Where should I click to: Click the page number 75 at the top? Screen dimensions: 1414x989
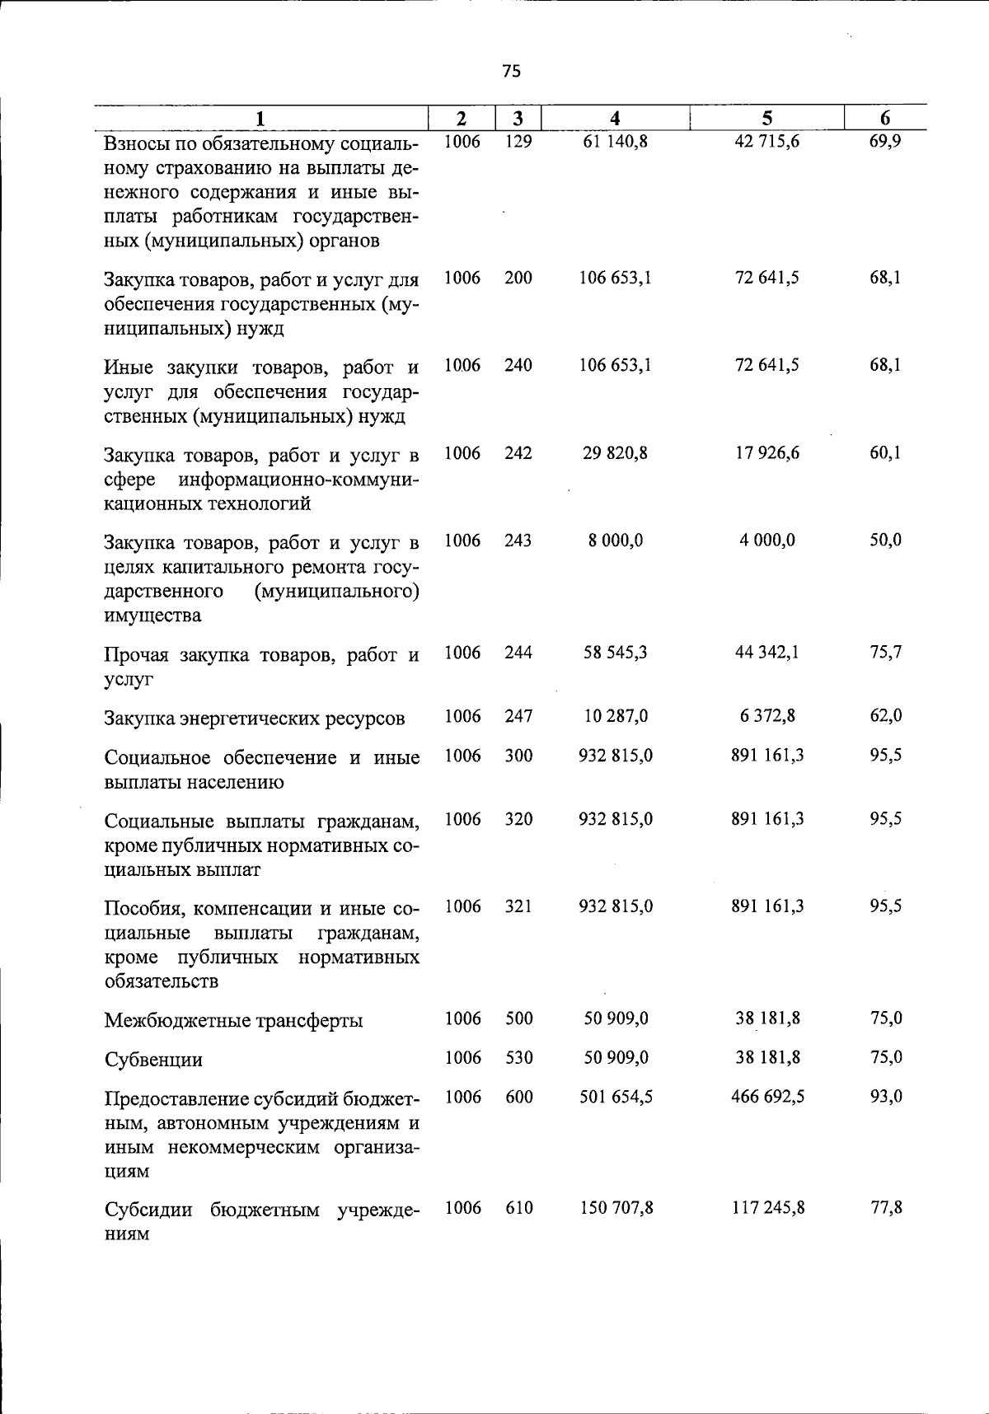(511, 72)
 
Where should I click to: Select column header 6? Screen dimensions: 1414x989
(885, 118)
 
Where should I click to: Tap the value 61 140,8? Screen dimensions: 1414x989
(615, 142)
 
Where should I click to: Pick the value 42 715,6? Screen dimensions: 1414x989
(766, 142)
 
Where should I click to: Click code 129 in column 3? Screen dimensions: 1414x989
(518, 142)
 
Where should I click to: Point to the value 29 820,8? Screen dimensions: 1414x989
(615, 453)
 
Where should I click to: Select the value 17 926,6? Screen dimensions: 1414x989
(766, 453)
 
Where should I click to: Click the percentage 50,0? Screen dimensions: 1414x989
(885, 541)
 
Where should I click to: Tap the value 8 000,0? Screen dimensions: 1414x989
(615, 541)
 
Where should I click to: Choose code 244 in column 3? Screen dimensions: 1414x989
(518, 653)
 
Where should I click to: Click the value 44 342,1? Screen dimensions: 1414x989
(766, 653)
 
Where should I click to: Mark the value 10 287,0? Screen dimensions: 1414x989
(615, 716)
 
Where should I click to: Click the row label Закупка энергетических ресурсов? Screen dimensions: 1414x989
(255, 719)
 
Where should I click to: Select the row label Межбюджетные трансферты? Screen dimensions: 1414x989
(233, 1021)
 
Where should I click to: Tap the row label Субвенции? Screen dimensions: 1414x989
(153, 1060)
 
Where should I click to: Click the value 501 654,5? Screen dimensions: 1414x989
(615, 1097)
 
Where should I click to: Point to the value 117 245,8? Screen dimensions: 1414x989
(766, 1208)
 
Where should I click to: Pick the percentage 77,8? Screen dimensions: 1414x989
(885, 1208)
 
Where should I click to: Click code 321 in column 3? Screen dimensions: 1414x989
(518, 906)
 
